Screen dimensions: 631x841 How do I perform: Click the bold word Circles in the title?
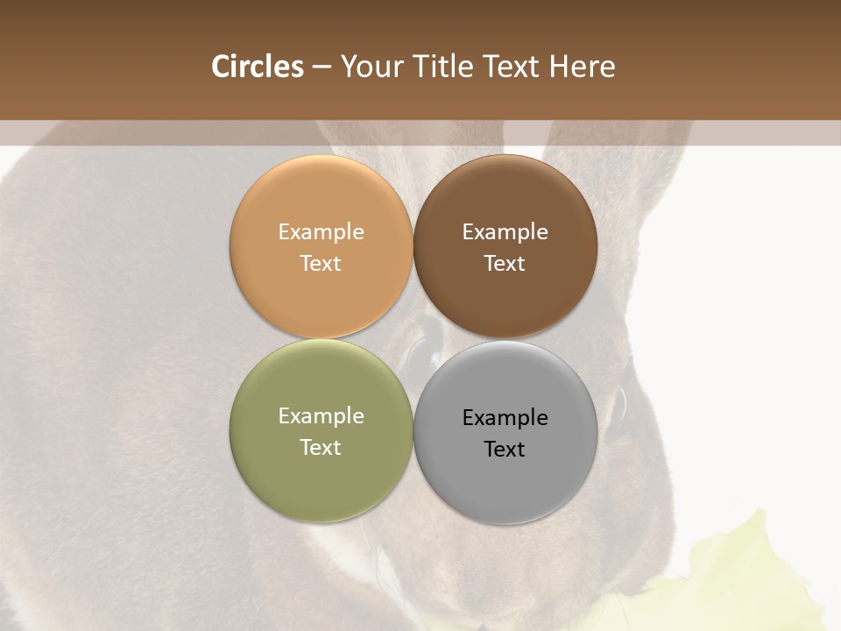(258, 67)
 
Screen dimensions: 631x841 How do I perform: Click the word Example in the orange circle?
(321, 232)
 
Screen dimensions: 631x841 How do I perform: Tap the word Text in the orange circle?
(321, 263)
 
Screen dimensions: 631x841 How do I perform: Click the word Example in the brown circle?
(505, 232)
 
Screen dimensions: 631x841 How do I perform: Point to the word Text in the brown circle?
(505, 263)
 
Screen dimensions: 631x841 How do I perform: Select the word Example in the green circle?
(321, 416)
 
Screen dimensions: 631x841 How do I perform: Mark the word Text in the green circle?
(321, 447)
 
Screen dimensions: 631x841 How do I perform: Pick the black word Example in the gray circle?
(505, 418)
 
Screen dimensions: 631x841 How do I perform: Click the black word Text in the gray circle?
(505, 449)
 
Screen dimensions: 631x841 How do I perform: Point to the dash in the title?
(322, 67)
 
